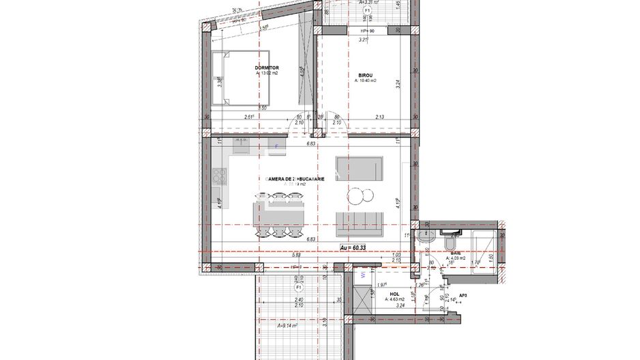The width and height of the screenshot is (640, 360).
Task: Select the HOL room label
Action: pos(394,294)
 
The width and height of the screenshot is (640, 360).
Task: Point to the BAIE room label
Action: pos(455,253)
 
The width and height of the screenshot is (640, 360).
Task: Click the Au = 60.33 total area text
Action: pos(356,247)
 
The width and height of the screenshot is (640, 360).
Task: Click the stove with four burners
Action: pos(220,176)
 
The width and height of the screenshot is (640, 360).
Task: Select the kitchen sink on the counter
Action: pos(241,144)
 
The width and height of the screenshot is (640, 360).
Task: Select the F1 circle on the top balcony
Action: pos(367,12)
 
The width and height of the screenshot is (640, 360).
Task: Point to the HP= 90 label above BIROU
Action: pos(367,31)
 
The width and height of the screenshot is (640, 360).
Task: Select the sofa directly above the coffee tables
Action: pos(360,167)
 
